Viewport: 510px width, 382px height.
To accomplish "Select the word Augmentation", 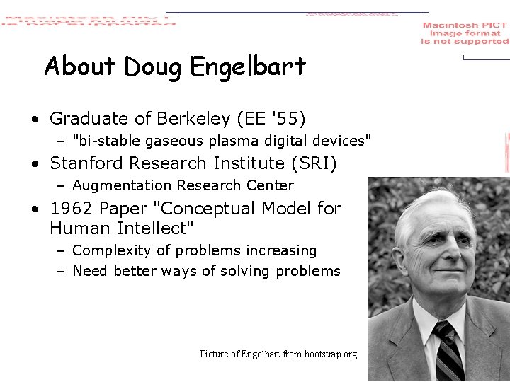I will (118, 186).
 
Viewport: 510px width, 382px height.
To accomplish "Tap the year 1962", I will (72, 209).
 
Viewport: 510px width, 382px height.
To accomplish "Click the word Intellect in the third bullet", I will (154, 228).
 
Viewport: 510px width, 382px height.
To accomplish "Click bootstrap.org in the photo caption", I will (331, 354).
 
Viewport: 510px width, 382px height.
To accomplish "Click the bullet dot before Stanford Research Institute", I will (35, 164).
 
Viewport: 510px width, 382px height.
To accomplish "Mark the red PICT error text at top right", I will (465, 33).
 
